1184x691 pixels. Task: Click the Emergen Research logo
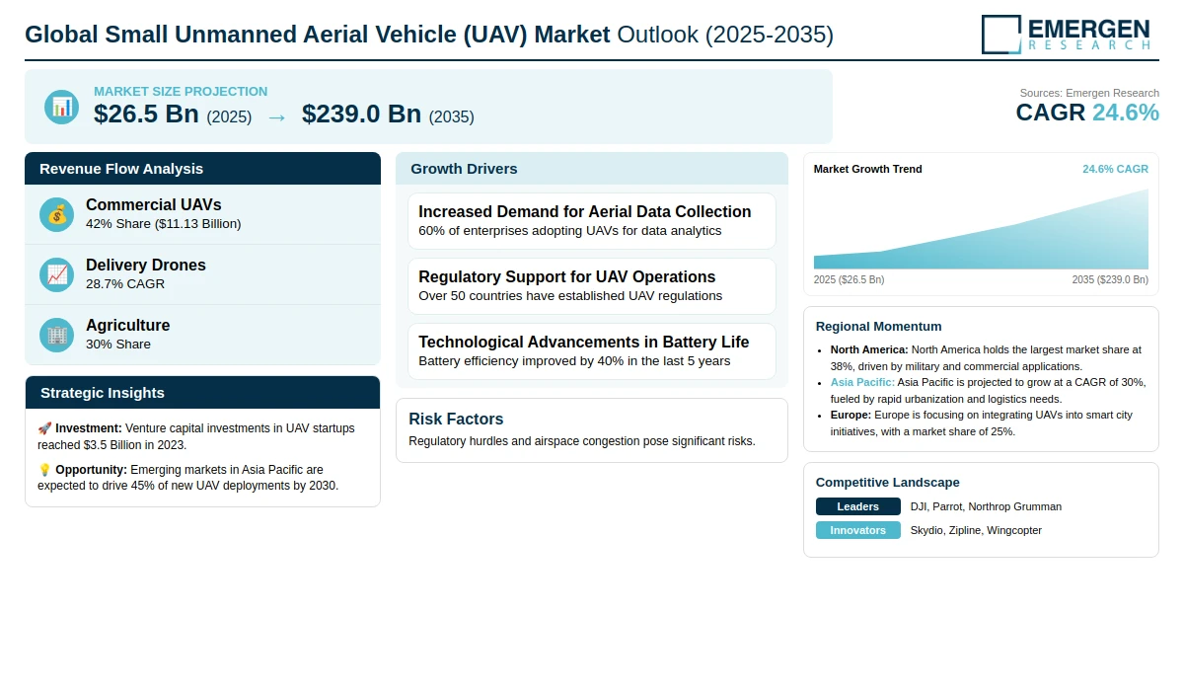click(x=1066, y=34)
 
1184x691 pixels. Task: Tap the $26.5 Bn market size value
click(x=146, y=115)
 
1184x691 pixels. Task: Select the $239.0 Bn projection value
click(x=361, y=115)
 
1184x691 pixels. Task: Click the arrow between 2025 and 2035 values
click(x=276, y=116)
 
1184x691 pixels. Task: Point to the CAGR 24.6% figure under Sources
click(x=1086, y=113)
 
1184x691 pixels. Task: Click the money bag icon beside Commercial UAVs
click(x=57, y=214)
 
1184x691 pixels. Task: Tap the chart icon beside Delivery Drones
click(x=57, y=274)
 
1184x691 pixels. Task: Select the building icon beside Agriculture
click(x=57, y=335)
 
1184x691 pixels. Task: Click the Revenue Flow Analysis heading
click(x=121, y=169)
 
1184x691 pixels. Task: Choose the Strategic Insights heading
click(x=103, y=393)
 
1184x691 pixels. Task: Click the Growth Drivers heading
click(x=464, y=169)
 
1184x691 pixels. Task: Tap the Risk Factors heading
click(x=456, y=420)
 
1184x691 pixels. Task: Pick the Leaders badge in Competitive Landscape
click(x=857, y=506)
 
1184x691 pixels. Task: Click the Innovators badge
click(x=857, y=530)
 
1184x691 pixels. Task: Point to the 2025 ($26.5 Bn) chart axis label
click(x=849, y=280)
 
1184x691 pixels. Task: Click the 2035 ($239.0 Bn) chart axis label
click(x=1110, y=280)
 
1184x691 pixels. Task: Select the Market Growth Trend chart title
click(x=867, y=169)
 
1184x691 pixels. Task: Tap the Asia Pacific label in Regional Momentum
click(x=862, y=382)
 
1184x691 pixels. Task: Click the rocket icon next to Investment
click(x=44, y=428)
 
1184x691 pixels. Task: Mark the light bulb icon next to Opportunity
click(x=44, y=470)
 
